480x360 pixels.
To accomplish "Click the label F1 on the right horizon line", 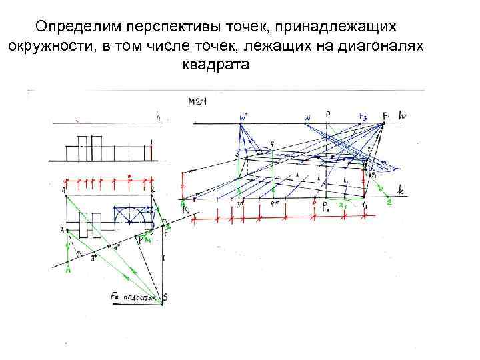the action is [x=387, y=116].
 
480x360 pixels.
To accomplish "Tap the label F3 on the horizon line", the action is [x=362, y=117].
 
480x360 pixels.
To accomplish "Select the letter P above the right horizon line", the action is [x=328, y=114].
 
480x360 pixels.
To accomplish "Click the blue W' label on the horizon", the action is [x=244, y=117].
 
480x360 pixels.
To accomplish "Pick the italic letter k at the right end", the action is [x=400, y=191].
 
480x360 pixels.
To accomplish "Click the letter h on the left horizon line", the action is [x=158, y=116].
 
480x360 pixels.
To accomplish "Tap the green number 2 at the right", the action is [x=388, y=203].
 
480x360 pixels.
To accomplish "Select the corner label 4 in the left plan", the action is [x=64, y=191].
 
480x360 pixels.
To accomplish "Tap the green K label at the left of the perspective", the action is [x=185, y=209].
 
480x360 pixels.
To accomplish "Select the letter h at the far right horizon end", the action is [x=403, y=116].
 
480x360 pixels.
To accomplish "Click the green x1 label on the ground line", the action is [x=344, y=205].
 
